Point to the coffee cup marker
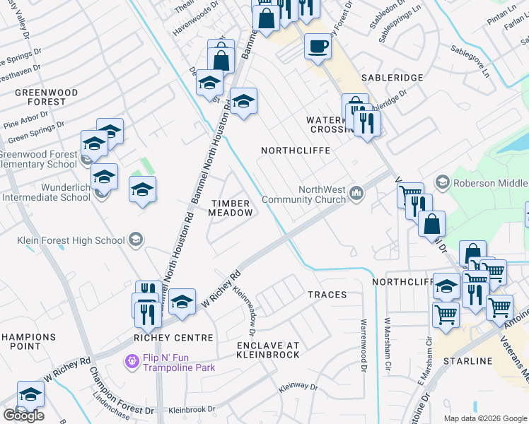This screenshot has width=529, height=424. point(317,47)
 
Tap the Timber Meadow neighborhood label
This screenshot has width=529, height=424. point(231,208)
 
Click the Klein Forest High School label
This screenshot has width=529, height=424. point(71,240)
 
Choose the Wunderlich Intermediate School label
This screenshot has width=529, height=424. point(46,193)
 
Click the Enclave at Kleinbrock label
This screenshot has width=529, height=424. point(268,349)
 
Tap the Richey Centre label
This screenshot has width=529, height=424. point(173,338)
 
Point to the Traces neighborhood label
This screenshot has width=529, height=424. point(327,294)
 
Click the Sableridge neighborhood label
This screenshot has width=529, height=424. point(392,77)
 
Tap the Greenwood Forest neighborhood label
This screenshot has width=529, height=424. point(40,97)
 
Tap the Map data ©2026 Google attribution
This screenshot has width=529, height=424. point(485,418)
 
